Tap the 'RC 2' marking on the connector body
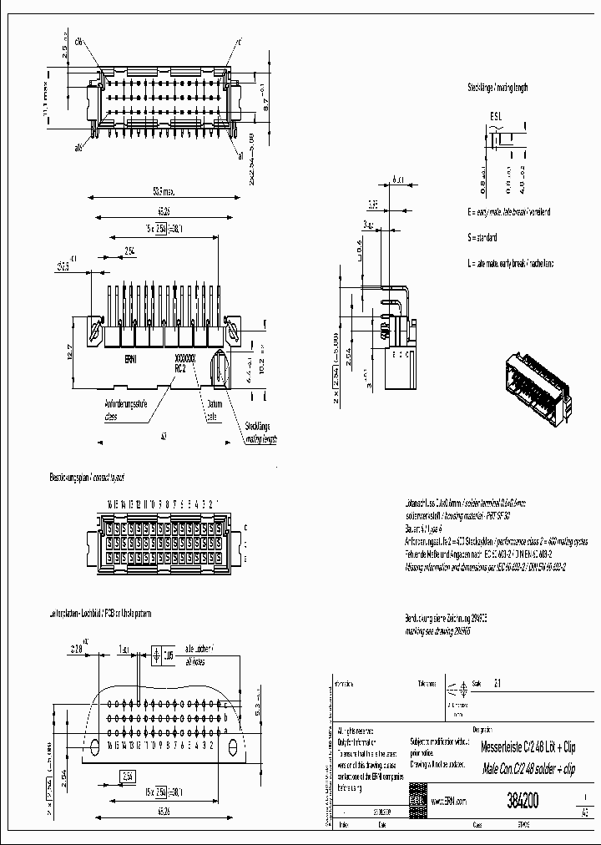pyautogui.click(x=179, y=367)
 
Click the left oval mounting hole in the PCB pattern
pyautogui.click(x=94, y=745)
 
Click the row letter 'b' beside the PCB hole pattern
pyautogui.click(x=225, y=717)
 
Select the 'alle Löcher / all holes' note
pyautogui.click(x=200, y=653)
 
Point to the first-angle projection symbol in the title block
pyautogui.click(x=457, y=690)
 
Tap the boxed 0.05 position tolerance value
pyautogui.click(x=169, y=655)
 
